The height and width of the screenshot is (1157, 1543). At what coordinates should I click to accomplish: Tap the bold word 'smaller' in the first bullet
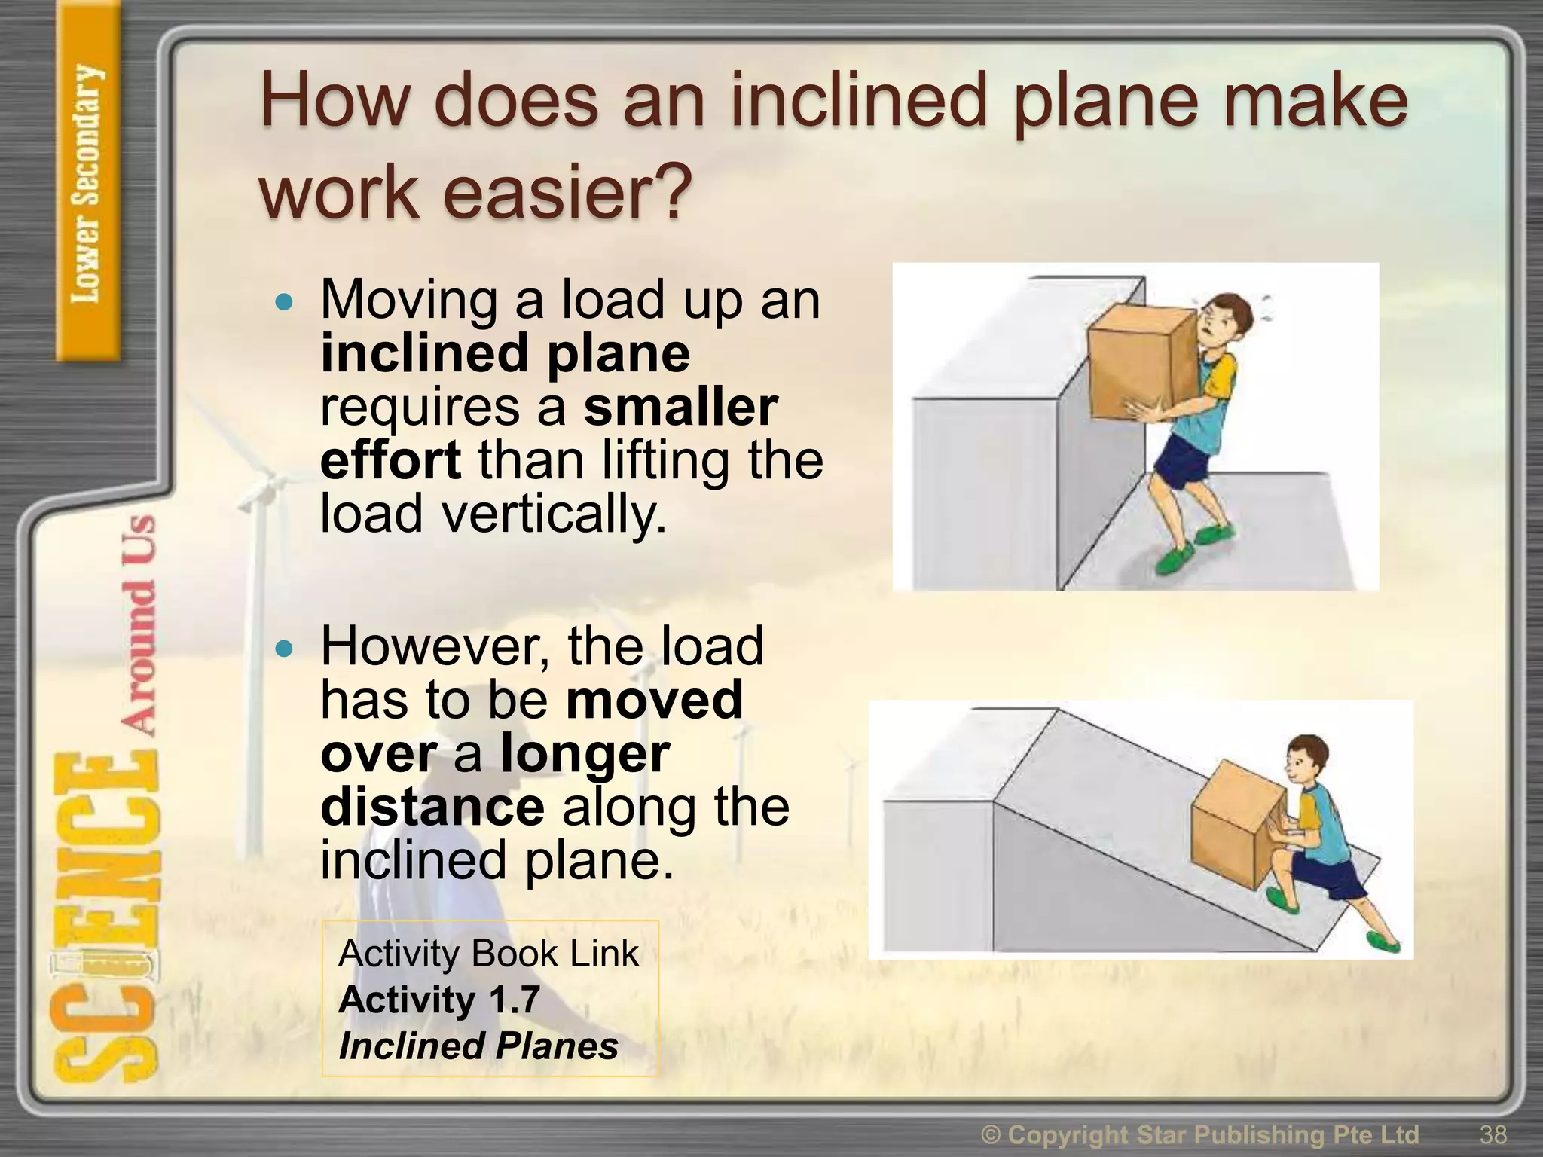[x=680, y=407]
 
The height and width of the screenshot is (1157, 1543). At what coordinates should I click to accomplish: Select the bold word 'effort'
[x=390, y=460]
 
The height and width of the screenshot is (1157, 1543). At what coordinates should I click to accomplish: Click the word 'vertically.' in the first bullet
[x=554, y=514]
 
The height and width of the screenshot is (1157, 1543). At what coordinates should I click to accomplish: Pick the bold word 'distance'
[x=432, y=807]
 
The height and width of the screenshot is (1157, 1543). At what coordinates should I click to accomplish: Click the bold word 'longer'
[x=585, y=753]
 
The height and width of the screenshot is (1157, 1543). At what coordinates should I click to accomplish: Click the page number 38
[x=1493, y=1134]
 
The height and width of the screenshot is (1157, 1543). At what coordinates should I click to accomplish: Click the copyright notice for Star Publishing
[x=1200, y=1134]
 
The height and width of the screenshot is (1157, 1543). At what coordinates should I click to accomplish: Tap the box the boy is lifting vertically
[x=1141, y=358]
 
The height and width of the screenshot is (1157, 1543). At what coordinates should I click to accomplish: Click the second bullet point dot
[x=284, y=648]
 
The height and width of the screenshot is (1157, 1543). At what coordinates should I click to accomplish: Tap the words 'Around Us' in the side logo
[x=139, y=625]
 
